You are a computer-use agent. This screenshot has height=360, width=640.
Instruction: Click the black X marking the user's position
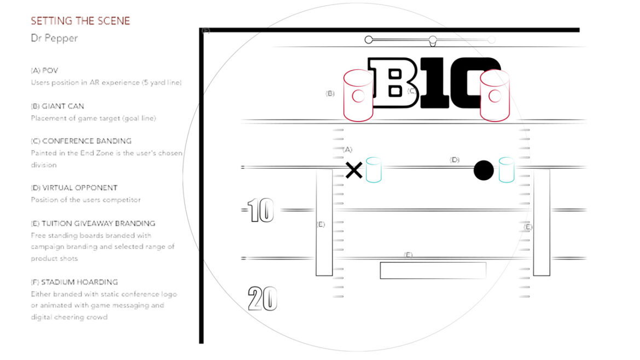tap(354, 170)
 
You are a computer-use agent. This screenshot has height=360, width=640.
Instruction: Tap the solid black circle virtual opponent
tap(484, 170)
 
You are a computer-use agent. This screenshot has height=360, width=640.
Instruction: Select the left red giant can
tap(358, 96)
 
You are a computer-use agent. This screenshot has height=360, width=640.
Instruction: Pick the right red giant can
tap(494, 96)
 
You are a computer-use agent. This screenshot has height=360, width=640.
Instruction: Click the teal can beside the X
tap(374, 170)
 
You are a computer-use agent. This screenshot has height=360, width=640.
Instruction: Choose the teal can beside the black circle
tap(507, 170)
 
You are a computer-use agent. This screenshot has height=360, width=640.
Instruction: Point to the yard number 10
tap(260, 210)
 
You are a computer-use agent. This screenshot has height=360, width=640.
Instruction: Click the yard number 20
tap(263, 298)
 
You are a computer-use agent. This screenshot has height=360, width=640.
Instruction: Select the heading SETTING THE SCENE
tap(80, 21)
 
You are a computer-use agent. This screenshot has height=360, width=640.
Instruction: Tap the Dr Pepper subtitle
tap(54, 38)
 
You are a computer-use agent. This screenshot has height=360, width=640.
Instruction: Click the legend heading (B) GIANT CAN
tap(57, 106)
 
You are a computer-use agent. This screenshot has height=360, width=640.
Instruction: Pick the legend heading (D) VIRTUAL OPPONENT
tap(74, 188)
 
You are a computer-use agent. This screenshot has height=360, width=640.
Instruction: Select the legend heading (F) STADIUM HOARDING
tap(74, 282)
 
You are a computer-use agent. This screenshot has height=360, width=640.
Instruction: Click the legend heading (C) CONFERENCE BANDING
tap(81, 141)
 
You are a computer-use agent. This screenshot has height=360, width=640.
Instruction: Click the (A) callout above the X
tap(347, 149)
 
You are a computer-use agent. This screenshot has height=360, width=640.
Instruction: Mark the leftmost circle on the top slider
tap(369, 39)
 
